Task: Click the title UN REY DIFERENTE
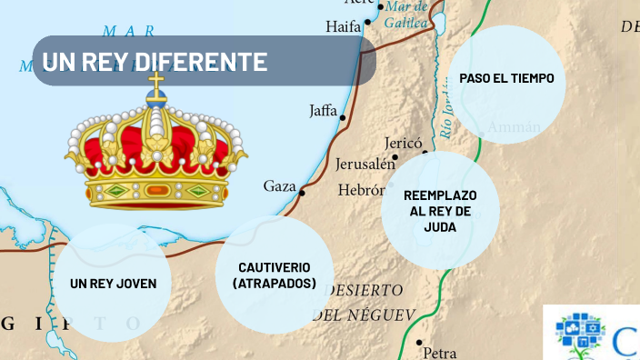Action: point(155,62)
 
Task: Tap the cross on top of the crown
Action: point(156,86)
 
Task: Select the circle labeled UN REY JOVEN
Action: point(113,284)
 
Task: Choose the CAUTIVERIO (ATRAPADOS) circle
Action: point(275,275)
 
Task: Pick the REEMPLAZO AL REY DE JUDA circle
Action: point(440,210)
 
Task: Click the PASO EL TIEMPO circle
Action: point(506,78)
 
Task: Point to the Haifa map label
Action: point(344,26)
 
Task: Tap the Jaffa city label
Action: point(323,111)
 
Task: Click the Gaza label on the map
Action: point(279,186)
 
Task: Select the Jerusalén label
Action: point(365,165)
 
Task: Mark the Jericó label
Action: point(404,143)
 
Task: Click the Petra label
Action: point(440,353)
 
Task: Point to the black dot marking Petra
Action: point(419,343)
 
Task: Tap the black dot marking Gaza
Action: point(302,193)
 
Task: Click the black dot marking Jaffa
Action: point(343,116)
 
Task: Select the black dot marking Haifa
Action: point(367,21)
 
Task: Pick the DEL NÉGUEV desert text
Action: point(364,315)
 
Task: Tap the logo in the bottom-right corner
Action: point(592,332)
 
